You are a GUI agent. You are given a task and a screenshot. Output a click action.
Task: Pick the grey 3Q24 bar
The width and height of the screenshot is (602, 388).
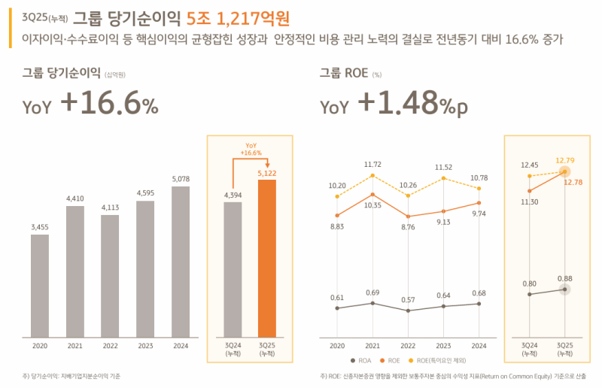[x=233, y=268]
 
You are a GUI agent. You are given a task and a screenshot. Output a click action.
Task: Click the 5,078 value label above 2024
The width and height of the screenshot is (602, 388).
[x=181, y=179]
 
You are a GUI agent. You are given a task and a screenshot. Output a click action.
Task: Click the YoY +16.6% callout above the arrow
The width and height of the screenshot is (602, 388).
[x=251, y=149]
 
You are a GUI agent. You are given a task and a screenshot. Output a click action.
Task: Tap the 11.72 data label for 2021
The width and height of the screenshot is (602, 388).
[x=372, y=164]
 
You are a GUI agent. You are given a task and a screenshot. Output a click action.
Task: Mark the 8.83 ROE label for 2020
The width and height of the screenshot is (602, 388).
[x=336, y=226]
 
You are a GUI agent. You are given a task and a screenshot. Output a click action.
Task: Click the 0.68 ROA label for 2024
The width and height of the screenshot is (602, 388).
[x=479, y=293]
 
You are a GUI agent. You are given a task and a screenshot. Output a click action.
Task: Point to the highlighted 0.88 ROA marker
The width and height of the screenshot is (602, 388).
[x=565, y=289]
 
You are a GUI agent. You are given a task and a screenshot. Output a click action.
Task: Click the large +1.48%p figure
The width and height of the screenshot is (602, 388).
[x=412, y=106]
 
